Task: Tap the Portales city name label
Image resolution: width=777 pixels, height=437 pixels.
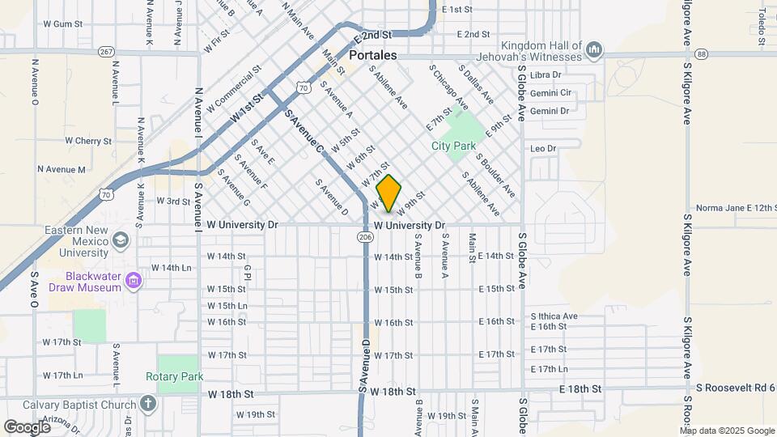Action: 373,56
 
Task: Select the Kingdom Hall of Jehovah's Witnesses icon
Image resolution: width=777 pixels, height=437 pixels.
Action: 594,50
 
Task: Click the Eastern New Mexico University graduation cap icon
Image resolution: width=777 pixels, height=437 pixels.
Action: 121,240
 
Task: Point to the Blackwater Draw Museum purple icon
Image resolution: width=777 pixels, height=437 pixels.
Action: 134,282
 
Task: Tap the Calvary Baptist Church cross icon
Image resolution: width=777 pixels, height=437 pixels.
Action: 147,402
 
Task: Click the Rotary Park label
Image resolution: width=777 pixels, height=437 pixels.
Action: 174,376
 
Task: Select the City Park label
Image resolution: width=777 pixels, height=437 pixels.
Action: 453,146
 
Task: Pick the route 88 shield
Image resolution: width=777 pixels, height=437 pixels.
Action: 701,53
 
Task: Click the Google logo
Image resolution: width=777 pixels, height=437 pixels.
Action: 27,426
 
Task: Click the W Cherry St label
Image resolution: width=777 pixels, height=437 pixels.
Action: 88,141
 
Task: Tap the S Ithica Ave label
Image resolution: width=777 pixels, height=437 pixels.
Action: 554,316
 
